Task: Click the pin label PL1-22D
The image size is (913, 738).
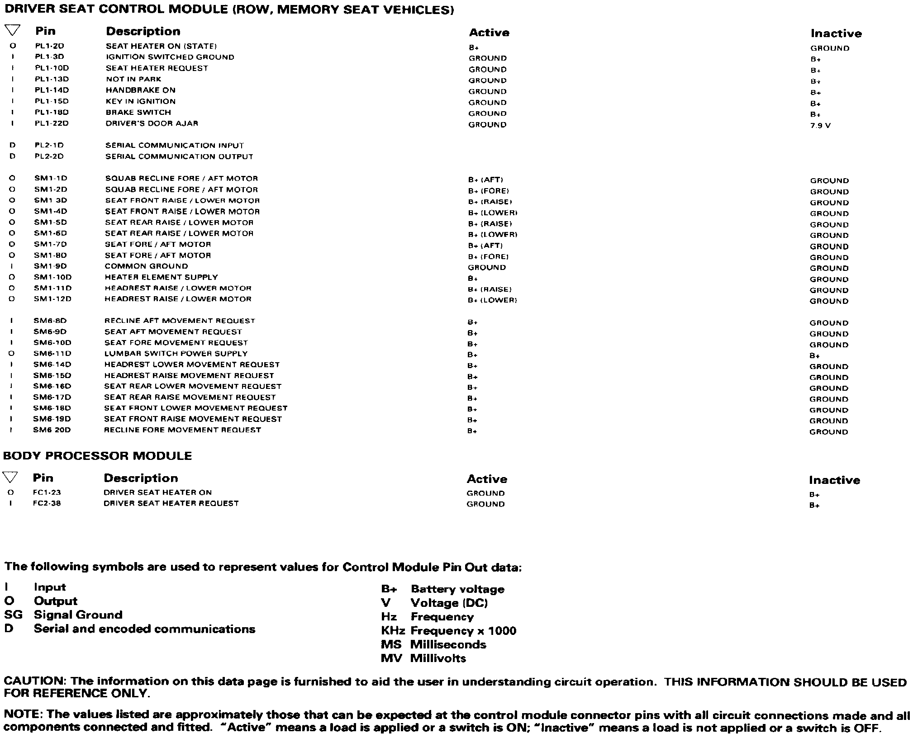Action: click(x=52, y=123)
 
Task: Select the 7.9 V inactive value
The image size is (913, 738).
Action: click(x=820, y=126)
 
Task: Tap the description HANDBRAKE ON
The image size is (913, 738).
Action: click(x=141, y=90)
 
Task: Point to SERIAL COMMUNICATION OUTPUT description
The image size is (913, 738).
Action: click(x=179, y=156)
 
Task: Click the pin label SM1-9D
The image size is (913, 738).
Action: click(x=50, y=266)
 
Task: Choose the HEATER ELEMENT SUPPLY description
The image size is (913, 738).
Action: click(x=161, y=277)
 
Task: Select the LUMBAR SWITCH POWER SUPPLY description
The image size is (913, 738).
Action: click(x=176, y=354)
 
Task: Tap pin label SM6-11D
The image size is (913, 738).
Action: click(x=52, y=354)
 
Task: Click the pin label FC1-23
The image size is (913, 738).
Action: click(x=47, y=492)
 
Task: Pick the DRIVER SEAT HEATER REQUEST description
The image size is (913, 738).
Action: click(x=171, y=503)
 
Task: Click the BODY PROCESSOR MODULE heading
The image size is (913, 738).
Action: click(x=98, y=456)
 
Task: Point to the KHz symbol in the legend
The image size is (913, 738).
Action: click(x=393, y=631)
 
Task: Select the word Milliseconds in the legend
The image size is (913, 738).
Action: click(x=448, y=644)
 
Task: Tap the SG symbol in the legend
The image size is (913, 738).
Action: click(x=13, y=615)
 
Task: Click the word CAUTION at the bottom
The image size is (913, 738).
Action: click(x=34, y=681)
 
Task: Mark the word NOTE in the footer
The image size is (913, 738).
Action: click(x=23, y=715)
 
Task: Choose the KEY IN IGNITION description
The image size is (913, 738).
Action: click(x=141, y=101)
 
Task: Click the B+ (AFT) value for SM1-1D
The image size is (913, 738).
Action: click(x=485, y=180)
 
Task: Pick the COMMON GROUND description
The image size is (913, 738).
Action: click(x=146, y=266)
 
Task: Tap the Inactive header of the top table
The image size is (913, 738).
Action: click(x=836, y=33)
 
